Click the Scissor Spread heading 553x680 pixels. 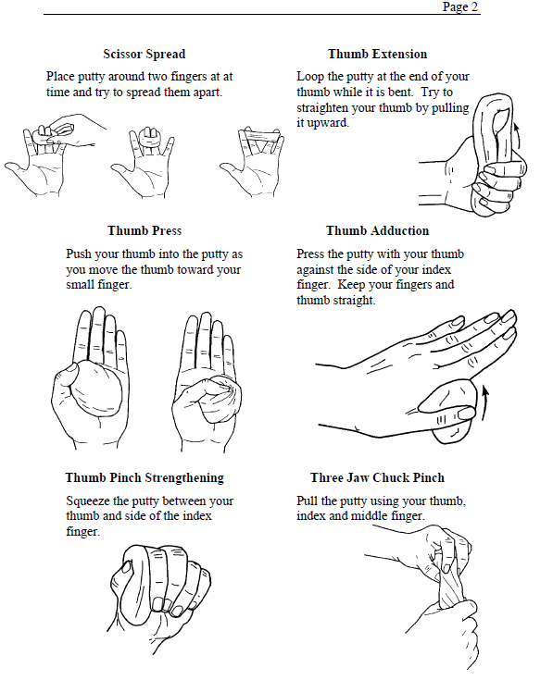click(145, 54)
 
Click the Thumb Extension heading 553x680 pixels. click(377, 54)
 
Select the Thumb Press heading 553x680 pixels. click(145, 230)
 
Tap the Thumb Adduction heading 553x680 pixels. click(377, 230)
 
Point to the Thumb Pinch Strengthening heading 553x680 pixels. click(145, 477)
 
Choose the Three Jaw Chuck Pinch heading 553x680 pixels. click(377, 477)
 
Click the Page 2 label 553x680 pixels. click(459, 6)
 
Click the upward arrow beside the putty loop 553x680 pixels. click(517, 137)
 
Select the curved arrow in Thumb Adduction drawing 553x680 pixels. click(484, 403)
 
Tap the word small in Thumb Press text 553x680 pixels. click(80, 285)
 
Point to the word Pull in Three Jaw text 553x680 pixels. click(307, 501)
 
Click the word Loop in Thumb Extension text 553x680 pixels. click(310, 77)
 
